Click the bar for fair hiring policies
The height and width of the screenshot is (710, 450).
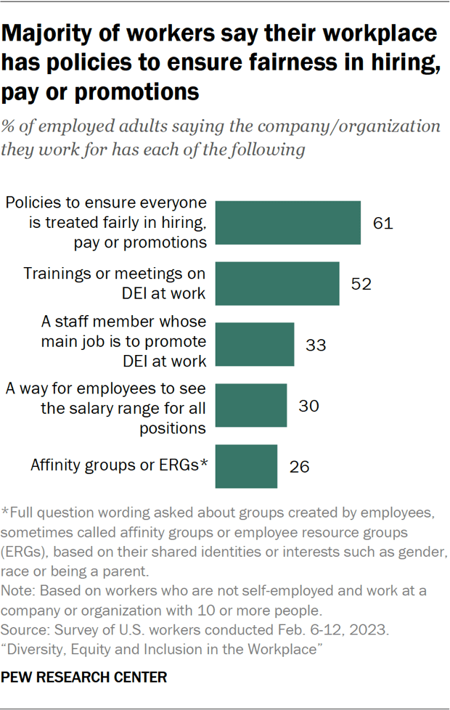pyautogui.click(x=289, y=223)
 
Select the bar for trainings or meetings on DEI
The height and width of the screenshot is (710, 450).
pyautogui.click(x=278, y=283)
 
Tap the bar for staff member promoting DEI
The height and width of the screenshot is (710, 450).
pyautogui.click(x=255, y=344)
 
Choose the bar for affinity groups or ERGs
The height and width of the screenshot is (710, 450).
pyautogui.click(x=247, y=466)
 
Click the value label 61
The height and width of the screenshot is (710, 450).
pyautogui.click(x=382, y=223)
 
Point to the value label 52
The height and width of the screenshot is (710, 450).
pyautogui.click(x=361, y=283)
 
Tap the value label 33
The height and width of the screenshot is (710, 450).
pyautogui.click(x=316, y=344)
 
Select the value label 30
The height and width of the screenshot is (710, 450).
pyautogui.click(x=308, y=405)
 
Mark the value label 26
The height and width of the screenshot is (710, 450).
pyautogui.click(x=298, y=466)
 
